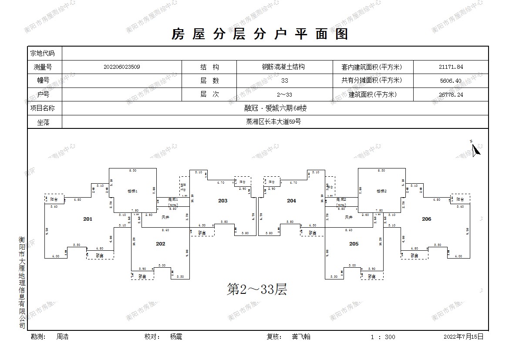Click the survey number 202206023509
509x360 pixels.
pos(122,67)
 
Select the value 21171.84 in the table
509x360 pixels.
pos(451,67)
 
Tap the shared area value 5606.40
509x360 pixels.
pos(451,81)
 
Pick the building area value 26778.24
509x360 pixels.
pos(451,94)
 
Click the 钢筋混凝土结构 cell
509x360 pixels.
pos(283,67)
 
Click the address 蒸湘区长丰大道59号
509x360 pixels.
pos(273,122)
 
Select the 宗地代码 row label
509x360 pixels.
pos(43,54)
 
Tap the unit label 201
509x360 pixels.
pos(88,219)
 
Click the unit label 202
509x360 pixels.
pos(161,244)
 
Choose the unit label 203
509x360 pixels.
pos(223,201)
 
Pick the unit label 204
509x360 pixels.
pos(291,201)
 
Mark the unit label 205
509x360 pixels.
pos(354,244)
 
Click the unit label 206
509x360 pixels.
pos(426,219)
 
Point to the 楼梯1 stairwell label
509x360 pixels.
pos(132,191)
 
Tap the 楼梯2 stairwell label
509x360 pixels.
pos(382,191)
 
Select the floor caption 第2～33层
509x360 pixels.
pos(257,289)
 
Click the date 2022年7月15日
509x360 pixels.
pos(463,336)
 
